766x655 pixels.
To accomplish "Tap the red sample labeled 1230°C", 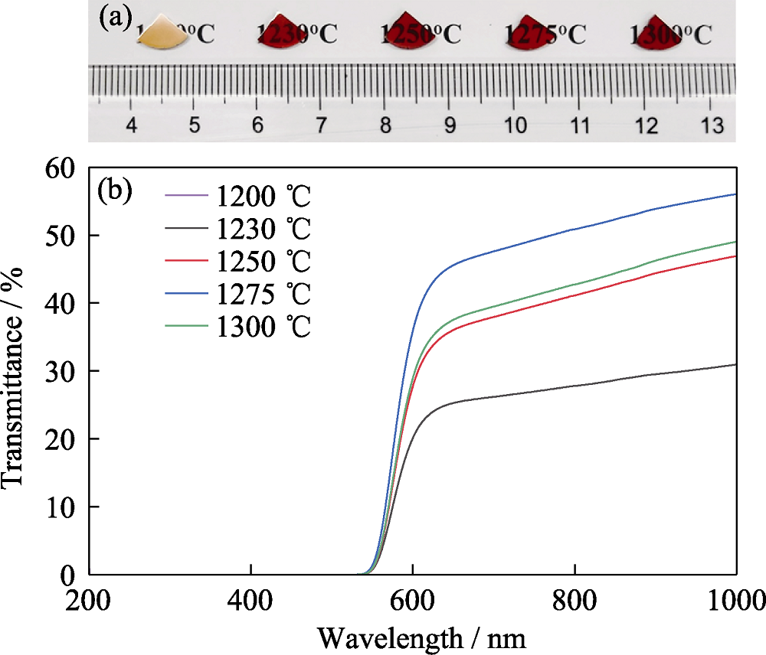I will tap(280, 33).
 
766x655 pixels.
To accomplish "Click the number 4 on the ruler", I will tap(132, 124).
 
